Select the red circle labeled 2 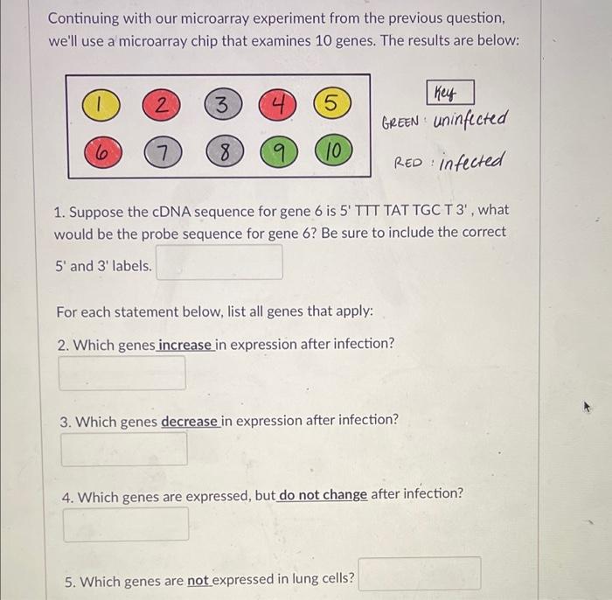(x=160, y=107)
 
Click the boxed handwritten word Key (x=450, y=93)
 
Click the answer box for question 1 (x=219, y=262)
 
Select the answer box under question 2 (x=122, y=373)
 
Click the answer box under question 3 (x=124, y=449)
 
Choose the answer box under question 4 (x=126, y=525)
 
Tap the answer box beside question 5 (x=420, y=574)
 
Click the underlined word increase (x=184, y=344)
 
